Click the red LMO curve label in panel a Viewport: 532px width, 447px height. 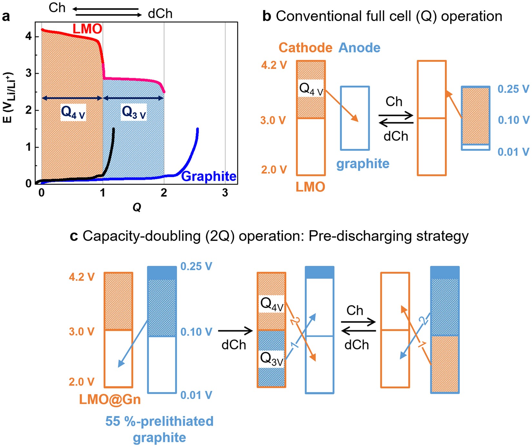[87, 29]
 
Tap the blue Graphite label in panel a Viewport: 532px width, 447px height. [209, 176]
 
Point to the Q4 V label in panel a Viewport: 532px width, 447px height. [73, 112]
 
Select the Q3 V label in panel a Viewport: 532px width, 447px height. [134, 112]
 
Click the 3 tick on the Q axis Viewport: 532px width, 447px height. [225, 193]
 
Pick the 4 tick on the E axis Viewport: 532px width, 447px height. [29, 36]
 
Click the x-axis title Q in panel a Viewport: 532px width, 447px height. [137, 207]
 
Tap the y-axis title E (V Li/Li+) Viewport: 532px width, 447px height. [9, 97]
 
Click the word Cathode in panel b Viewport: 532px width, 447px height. [305, 48]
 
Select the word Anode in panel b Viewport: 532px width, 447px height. [359, 48]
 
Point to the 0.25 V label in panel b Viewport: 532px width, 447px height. [513, 89]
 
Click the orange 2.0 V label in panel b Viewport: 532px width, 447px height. [274, 170]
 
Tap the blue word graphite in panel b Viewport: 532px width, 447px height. [363, 164]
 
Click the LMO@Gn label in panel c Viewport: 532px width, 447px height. [110, 400]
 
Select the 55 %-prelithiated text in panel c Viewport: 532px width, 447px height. [159, 421]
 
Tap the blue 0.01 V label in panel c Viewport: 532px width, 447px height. [196, 395]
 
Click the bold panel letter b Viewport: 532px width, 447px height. [267, 16]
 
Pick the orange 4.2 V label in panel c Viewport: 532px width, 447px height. [82, 277]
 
